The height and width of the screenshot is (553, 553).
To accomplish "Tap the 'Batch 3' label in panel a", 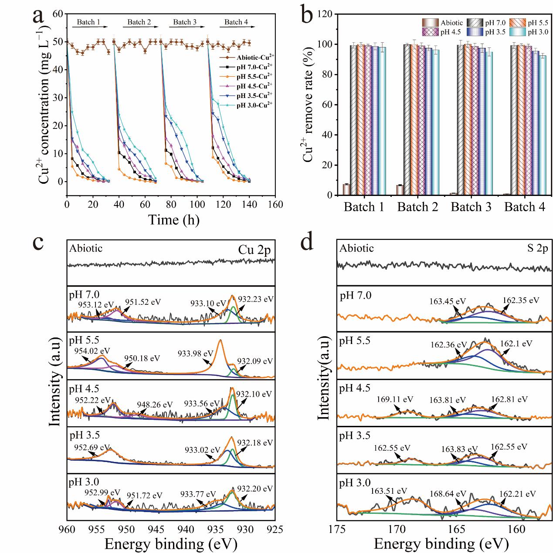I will click(x=185, y=22).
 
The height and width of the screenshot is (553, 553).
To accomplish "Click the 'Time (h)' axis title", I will click(x=174, y=220).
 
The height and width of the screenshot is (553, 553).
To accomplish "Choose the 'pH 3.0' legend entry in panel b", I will click(x=538, y=32).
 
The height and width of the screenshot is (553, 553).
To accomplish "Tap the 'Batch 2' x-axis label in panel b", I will click(x=417, y=207).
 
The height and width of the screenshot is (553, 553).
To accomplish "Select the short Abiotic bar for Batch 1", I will click(x=346, y=190).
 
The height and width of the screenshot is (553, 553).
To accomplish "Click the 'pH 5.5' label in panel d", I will click(x=355, y=341).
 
